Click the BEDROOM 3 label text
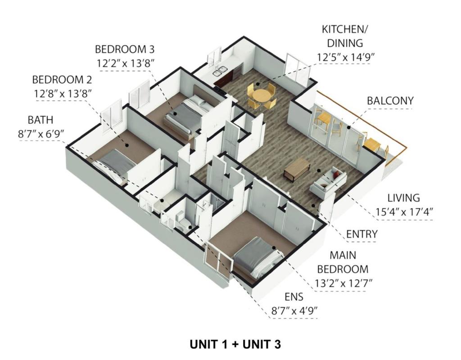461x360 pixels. coord(124,49)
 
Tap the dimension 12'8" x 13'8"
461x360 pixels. coord(63,94)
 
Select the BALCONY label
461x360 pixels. coord(390,101)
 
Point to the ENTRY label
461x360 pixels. coord(362,234)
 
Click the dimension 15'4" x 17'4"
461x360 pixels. coord(404,211)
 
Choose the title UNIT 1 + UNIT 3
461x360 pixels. coord(235,344)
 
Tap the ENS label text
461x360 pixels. coord(294,297)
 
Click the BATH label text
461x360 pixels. coord(41,120)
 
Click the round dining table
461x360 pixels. coord(262,95)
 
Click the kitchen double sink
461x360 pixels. coord(220,71)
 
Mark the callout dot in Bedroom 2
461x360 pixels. coord(127,145)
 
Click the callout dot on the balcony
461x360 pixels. coord(348,127)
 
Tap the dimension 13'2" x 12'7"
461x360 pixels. coord(344,283)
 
